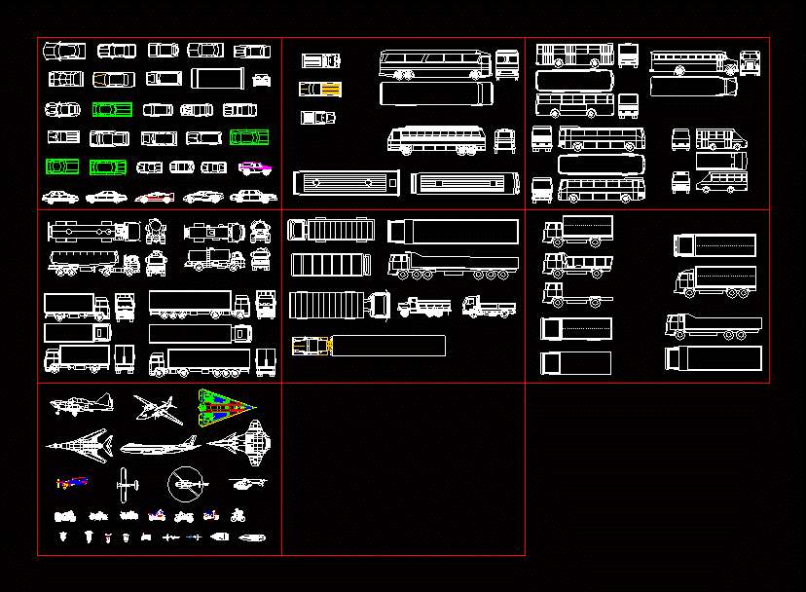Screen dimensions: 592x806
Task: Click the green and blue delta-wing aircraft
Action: (x=226, y=409)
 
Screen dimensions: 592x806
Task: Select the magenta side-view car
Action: (x=255, y=167)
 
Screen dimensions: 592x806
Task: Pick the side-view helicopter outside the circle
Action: (x=248, y=482)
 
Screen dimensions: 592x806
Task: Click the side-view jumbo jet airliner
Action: (x=160, y=447)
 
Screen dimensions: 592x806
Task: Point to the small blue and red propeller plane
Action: (x=72, y=482)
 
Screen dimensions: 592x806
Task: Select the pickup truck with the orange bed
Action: (x=320, y=90)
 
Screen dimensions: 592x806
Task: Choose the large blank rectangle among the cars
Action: (x=219, y=78)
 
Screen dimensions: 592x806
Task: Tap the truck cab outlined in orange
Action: (x=311, y=346)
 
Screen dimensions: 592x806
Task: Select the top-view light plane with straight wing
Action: (x=126, y=482)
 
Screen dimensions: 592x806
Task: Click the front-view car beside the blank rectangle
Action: (x=261, y=80)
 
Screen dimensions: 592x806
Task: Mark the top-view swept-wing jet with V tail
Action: (x=79, y=445)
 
